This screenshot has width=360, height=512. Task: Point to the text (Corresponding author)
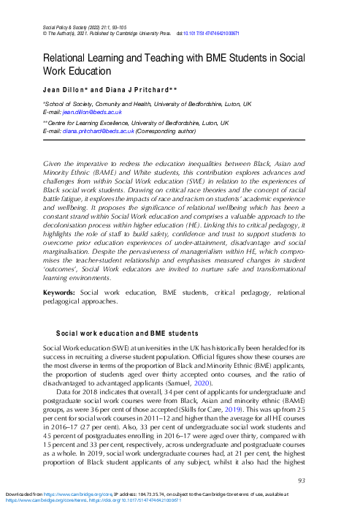162,132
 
